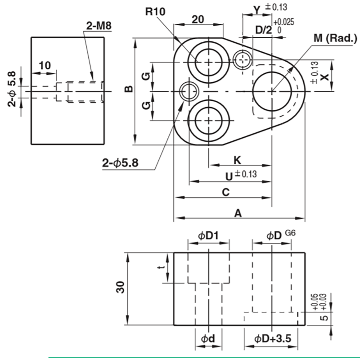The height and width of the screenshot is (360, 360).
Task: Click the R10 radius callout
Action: pos(155,11)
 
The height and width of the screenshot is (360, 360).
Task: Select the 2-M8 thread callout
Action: pos(99,26)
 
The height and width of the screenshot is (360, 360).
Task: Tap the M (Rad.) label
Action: pos(335,38)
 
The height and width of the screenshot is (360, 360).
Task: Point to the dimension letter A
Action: pos(238,213)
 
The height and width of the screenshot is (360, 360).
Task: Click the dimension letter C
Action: pos(226,192)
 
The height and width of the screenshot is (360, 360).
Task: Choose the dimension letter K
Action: pos(237,160)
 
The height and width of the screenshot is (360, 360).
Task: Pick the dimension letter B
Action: pos(129,89)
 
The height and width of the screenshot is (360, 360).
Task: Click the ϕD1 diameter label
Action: pos(208,235)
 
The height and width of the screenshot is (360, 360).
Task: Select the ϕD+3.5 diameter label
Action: pos(273,338)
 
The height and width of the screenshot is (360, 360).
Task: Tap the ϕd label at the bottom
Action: pos(208,338)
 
